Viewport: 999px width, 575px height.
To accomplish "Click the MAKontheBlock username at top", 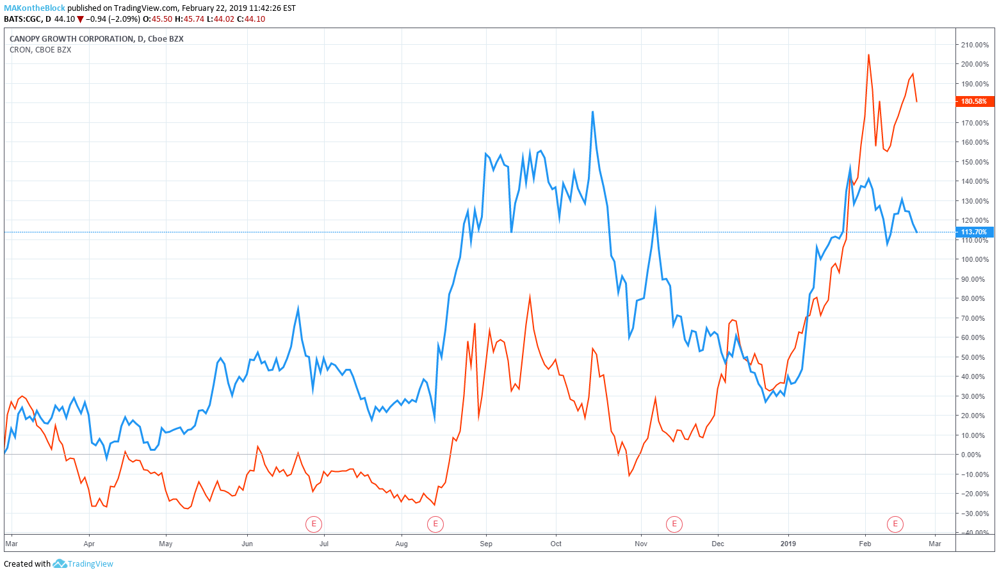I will pyautogui.click(x=34, y=8).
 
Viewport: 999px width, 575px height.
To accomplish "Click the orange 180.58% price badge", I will pyautogui.click(x=974, y=101).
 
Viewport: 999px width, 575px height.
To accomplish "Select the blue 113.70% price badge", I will pyautogui.click(x=974, y=232).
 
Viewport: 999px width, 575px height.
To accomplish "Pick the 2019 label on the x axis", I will pyautogui.click(x=788, y=544).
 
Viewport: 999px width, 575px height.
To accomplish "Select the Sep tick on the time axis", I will pyautogui.click(x=486, y=544).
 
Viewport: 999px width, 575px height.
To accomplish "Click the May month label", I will pyautogui.click(x=166, y=544).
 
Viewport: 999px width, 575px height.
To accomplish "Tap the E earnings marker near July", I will pyautogui.click(x=313, y=524).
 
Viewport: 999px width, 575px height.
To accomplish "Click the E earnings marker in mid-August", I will pyautogui.click(x=435, y=524).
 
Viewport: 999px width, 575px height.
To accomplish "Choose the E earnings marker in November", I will pyautogui.click(x=674, y=524).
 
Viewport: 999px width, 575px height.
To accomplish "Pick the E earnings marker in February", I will pyautogui.click(x=895, y=524).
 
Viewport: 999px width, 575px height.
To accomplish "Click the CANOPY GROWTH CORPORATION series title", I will pyautogui.click(x=72, y=39).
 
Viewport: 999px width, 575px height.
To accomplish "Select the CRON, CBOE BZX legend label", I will pyautogui.click(x=40, y=50).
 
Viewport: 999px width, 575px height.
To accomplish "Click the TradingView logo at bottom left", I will pyautogui.click(x=83, y=563).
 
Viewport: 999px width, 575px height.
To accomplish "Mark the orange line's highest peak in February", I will pyautogui.click(x=868, y=55).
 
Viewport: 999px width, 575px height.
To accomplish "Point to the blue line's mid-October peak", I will pyautogui.click(x=592, y=112).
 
